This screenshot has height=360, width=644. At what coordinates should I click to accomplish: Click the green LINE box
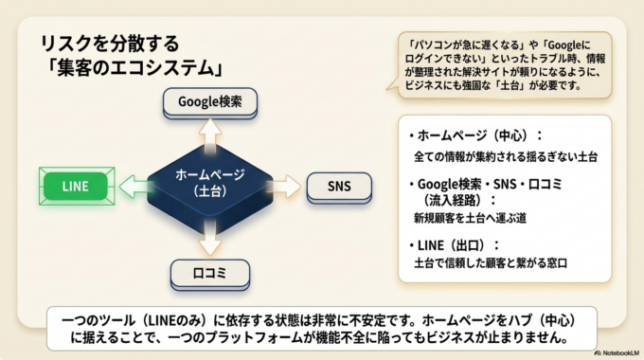77,186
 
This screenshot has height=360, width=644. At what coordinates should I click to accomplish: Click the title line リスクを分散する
109,44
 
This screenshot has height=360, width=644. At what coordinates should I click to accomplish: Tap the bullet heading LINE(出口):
453,244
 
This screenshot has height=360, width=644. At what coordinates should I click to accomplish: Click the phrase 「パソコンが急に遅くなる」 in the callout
458,45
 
